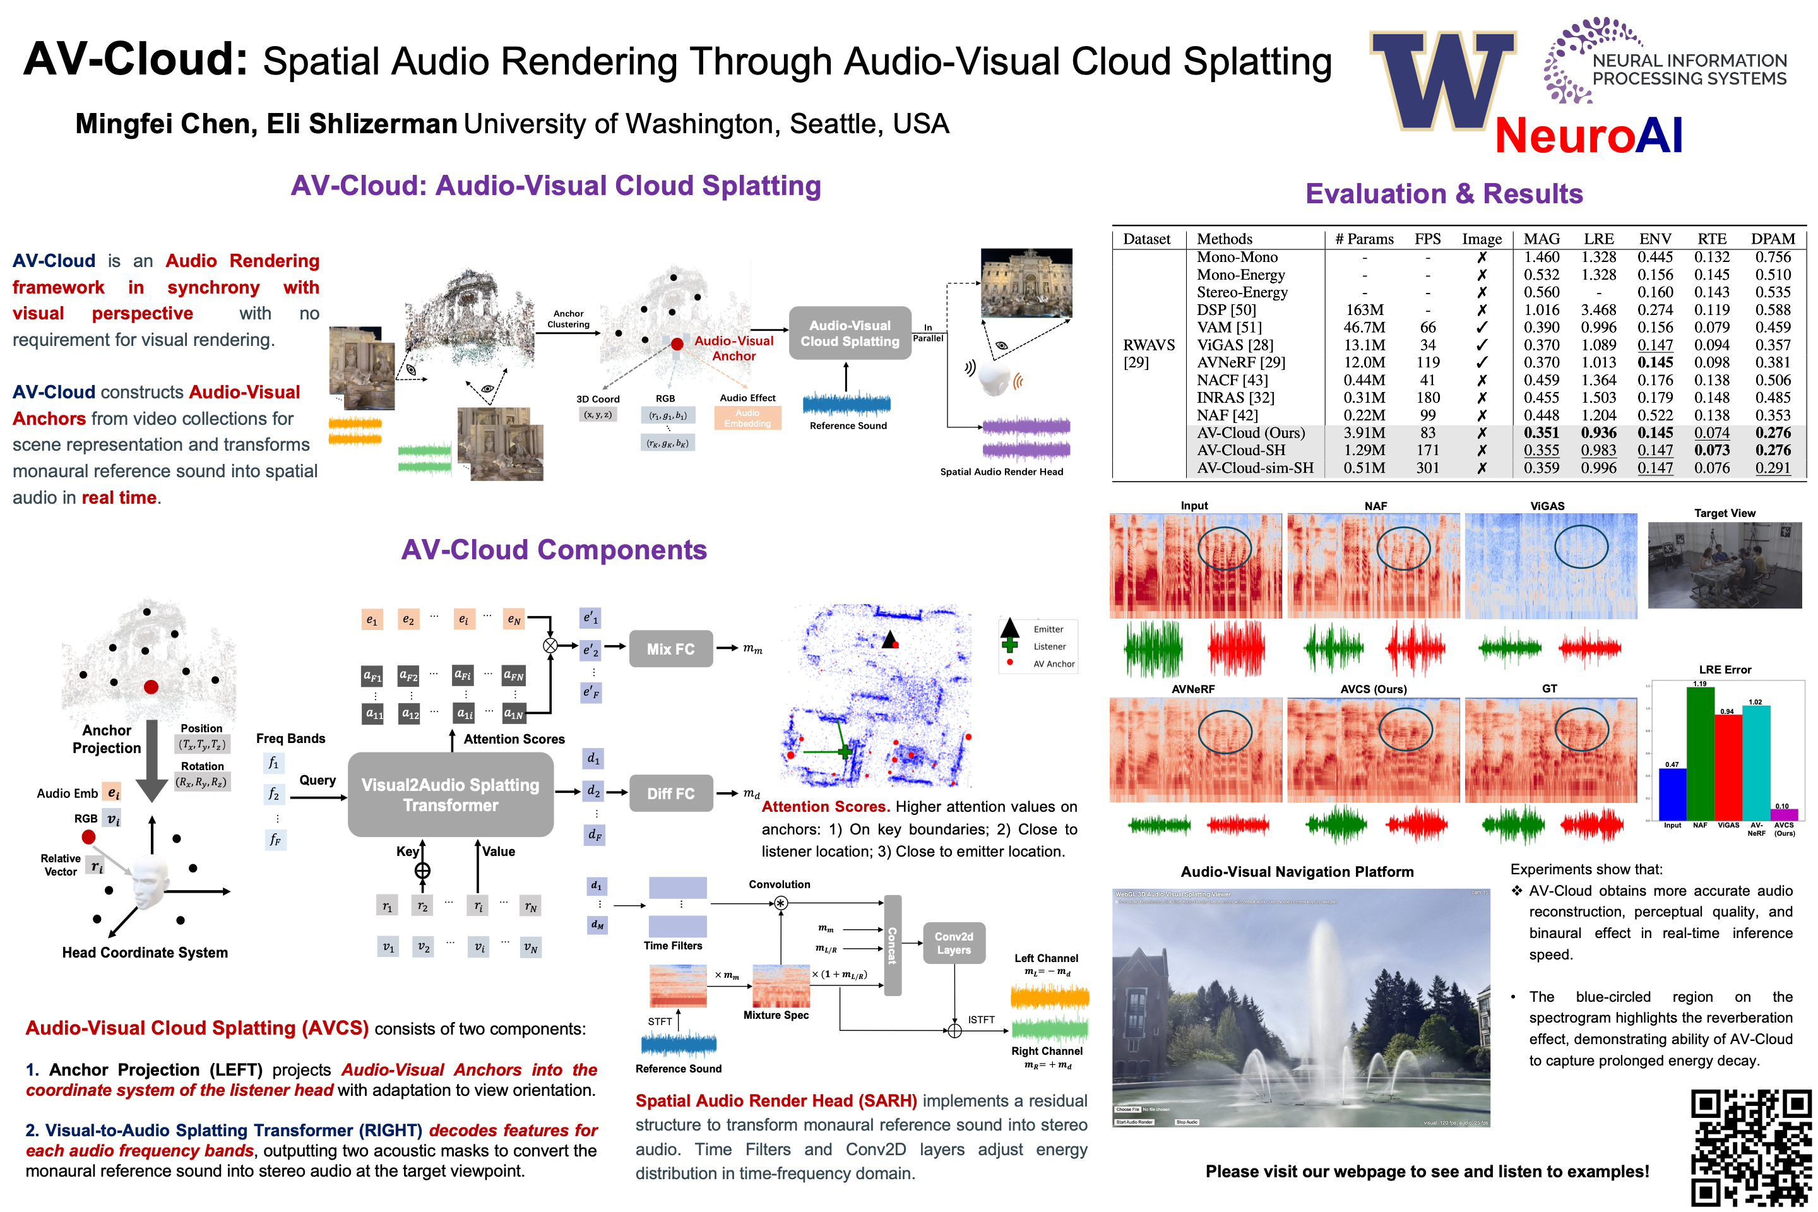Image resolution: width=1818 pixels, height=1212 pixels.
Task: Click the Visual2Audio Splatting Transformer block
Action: pyautogui.click(x=451, y=795)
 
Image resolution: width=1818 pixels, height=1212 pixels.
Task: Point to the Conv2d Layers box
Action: pyautogui.click(x=954, y=943)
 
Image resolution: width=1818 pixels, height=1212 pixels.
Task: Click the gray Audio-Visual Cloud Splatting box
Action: pyautogui.click(x=850, y=333)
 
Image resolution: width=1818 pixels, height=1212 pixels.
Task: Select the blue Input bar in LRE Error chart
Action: pyautogui.click(x=1672, y=795)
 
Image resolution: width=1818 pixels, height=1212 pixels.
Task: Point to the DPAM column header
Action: pyautogui.click(x=1773, y=239)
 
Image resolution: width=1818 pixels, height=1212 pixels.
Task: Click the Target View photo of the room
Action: pyautogui.click(x=1725, y=565)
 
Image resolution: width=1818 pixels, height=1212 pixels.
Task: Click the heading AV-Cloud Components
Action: pyautogui.click(x=554, y=550)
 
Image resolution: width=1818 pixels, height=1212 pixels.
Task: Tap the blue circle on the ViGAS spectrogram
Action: pyautogui.click(x=1581, y=547)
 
